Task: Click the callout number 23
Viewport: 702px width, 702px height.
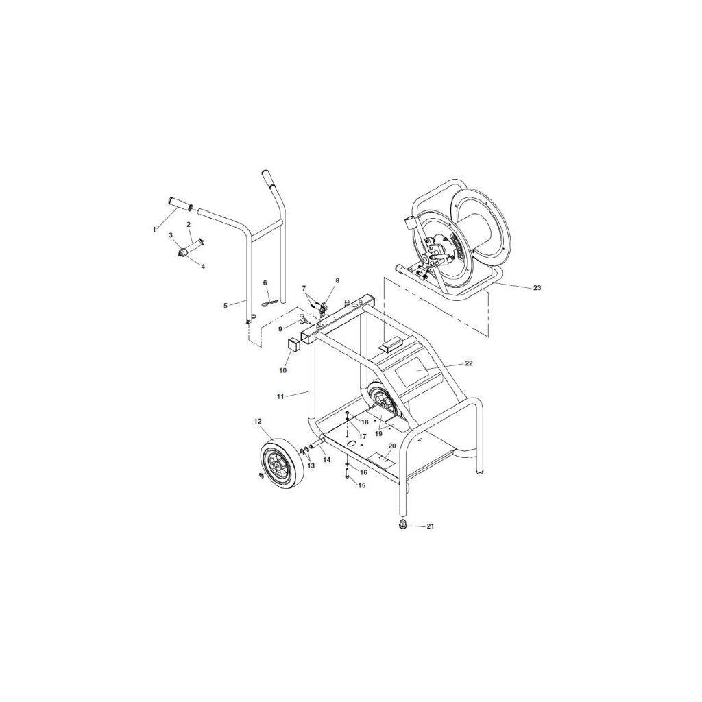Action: [x=537, y=287]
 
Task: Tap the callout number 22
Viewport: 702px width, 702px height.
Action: [x=468, y=363]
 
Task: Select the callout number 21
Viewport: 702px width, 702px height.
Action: [x=430, y=526]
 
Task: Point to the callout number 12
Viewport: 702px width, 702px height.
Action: [x=258, y=422]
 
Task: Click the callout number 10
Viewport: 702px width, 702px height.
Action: [x=282, y=371]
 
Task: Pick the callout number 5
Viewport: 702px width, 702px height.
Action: [x=225, y=306]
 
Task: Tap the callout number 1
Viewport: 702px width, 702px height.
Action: [x=154, y=229]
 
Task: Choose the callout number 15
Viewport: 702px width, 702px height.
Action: [x=362, y=485]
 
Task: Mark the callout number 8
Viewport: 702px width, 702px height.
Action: [x=337, y=280]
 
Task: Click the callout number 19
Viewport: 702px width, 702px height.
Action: [x=378, y=434]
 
